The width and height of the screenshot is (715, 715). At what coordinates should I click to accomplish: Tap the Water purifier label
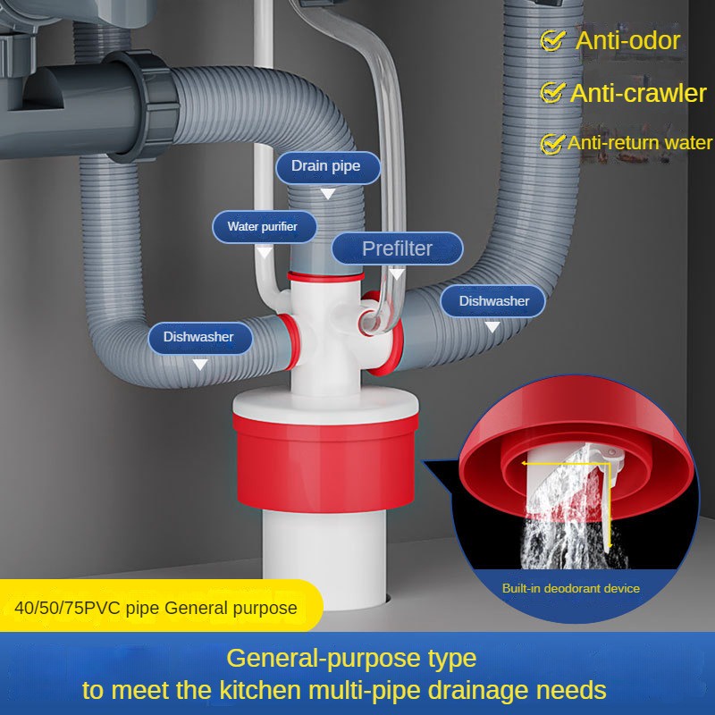262,226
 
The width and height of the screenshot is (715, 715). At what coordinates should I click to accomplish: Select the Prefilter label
397,248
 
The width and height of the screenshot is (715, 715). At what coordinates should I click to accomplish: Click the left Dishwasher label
198,337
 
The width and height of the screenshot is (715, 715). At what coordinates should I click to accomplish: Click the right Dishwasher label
494,301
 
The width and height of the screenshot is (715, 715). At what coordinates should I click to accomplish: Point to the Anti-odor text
627,40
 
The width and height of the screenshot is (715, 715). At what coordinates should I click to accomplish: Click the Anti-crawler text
638,92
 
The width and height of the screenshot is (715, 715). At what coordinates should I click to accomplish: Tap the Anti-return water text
640,143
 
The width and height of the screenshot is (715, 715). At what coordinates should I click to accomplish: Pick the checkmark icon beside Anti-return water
551,143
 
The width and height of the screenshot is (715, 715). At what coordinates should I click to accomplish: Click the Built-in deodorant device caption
570,588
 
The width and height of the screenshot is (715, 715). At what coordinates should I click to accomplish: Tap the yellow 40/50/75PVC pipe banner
156,609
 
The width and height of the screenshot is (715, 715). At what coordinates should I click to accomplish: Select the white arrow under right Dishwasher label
491,328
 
